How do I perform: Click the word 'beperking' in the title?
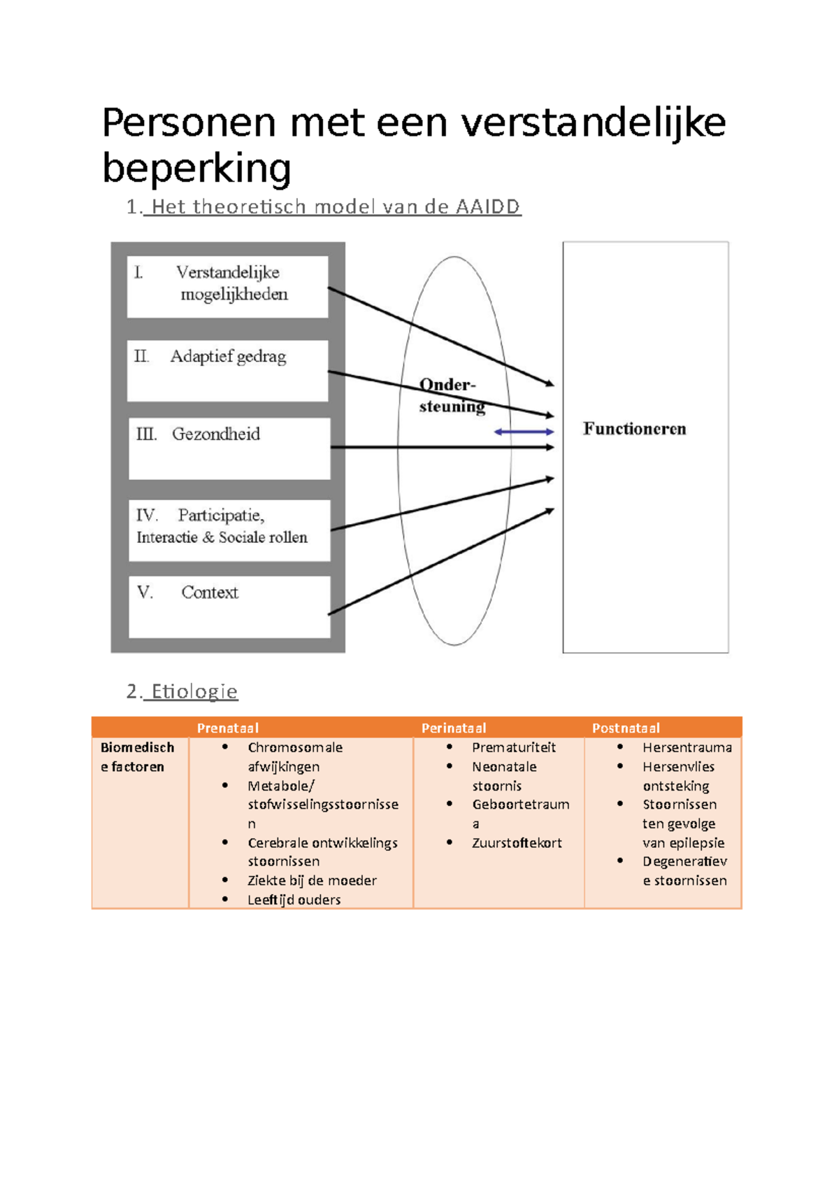196,169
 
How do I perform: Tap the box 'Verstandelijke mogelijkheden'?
227,286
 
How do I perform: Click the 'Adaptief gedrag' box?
227,370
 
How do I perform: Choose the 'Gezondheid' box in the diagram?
229,448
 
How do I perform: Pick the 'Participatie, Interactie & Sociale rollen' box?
229,530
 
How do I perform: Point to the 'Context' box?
229,606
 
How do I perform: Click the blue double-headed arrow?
524,432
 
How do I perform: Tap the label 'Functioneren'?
634,429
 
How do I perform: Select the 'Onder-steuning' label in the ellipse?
450,395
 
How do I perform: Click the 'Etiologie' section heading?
194,692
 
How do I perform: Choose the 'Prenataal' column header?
228,728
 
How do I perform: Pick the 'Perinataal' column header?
454,728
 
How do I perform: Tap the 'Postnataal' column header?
626,728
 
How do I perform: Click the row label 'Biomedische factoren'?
137,757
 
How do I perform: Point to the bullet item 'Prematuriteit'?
513,747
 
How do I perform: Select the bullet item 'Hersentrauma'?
687,747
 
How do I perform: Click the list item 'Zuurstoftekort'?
517,843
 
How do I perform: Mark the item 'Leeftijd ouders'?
294,900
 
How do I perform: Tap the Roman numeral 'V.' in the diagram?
145,593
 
